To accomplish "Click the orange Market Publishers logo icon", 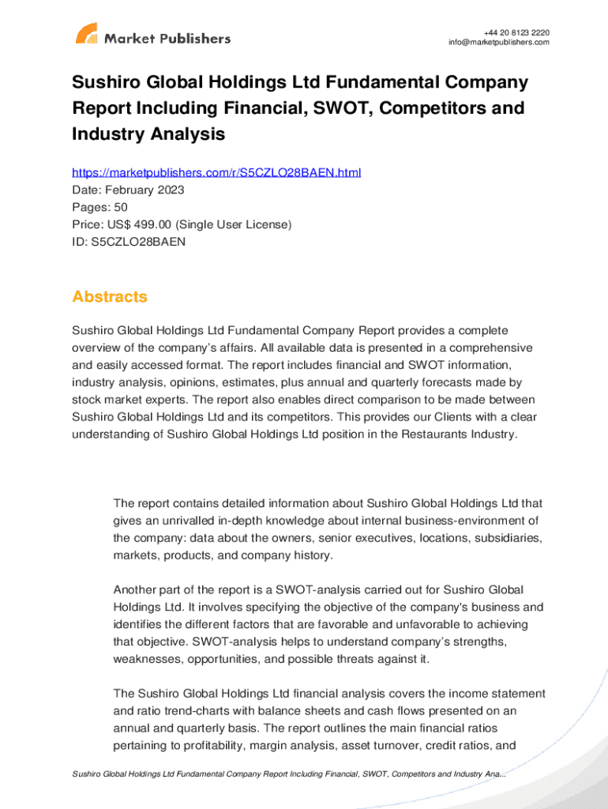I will (86, 34).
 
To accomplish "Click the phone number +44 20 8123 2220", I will (517, 32).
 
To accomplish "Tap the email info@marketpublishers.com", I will (498, 43).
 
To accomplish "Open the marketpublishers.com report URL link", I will (216, 172).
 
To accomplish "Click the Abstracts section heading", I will (110, 297).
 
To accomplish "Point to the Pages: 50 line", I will (99, 207).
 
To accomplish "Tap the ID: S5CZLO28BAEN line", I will (129, 242).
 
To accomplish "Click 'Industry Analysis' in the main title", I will (148, 134).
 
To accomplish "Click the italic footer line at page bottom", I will (289, 774).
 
